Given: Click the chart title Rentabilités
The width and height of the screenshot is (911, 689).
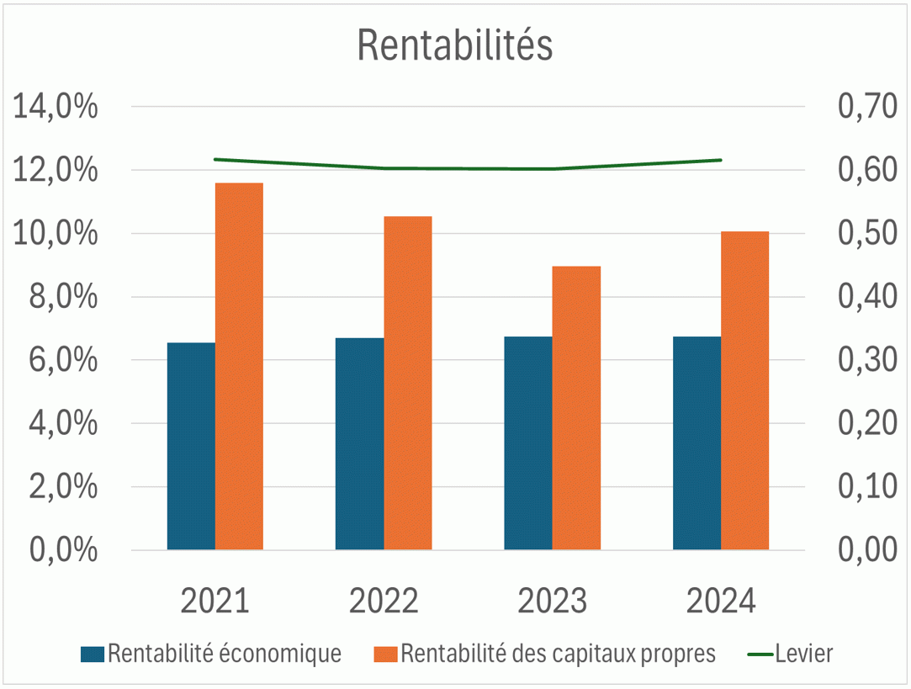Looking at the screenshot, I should click(455, 46).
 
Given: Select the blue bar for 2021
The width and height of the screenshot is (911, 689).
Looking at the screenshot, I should click(191, 446).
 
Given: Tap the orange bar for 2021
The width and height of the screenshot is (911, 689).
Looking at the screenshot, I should click(239, 366).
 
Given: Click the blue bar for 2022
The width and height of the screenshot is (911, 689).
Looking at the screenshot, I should click(359, 443).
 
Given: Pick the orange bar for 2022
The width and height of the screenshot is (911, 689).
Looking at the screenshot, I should click(408, 383).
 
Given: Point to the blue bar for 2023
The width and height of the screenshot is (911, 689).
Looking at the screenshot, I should click(528, 443).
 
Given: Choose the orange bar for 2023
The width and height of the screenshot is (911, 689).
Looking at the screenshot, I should click(576, 408).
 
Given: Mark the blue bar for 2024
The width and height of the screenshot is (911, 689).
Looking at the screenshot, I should click(696, 443).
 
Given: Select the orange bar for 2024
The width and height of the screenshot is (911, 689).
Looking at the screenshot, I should click(745, 390).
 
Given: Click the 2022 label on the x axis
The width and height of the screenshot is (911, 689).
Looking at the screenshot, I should click(384, 602).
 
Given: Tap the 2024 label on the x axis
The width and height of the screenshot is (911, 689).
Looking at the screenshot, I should click(721, 602).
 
